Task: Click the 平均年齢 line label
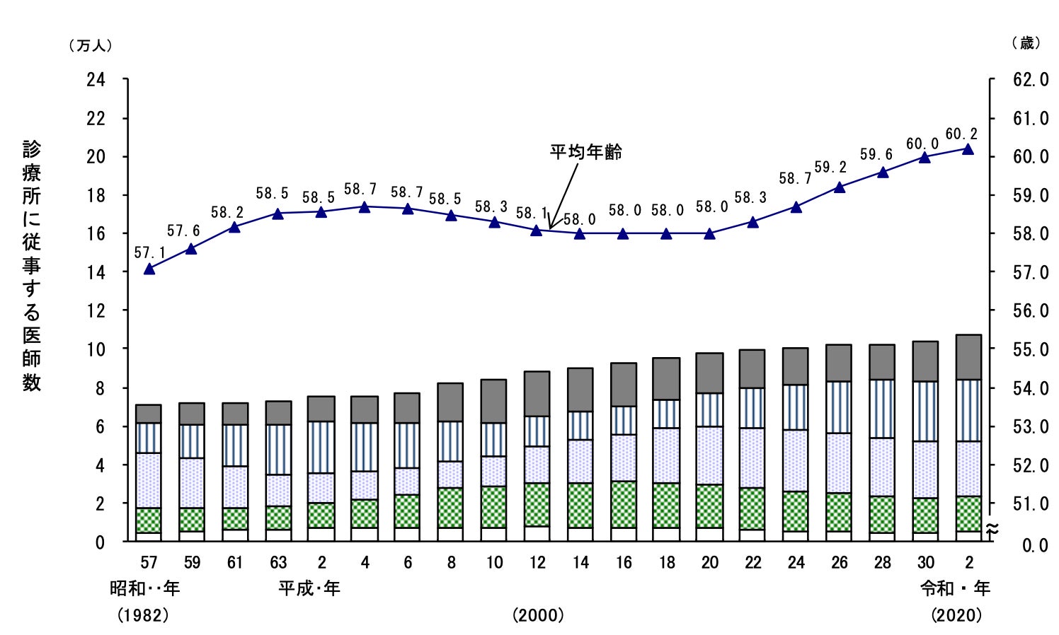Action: [x=586, y=152]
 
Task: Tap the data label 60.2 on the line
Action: [x=961, y=134]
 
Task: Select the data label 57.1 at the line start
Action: [x=149, y=252]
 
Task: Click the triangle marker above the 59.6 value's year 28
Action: [x=882, y=172]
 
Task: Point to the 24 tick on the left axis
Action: [x=96, y=80]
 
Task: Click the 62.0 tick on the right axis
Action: [x=1031, y=80]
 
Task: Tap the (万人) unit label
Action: [x=90, y=45]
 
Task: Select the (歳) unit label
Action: [x=1026, y=43]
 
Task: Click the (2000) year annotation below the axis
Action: [x=538, y=615]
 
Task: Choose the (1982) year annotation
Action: [x=143, y=615]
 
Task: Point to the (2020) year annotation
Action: [x=956, y=615]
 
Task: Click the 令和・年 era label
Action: [x=955, y=588]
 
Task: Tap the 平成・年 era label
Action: [x=309, y=588]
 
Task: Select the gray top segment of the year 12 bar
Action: [x=537, y=394]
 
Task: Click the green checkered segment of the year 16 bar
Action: [x=624, y=504]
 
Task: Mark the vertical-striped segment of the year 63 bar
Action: [x=278, y=450]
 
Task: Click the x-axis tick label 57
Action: [x=149, y=563]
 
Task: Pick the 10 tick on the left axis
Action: [x=96, y=349]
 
